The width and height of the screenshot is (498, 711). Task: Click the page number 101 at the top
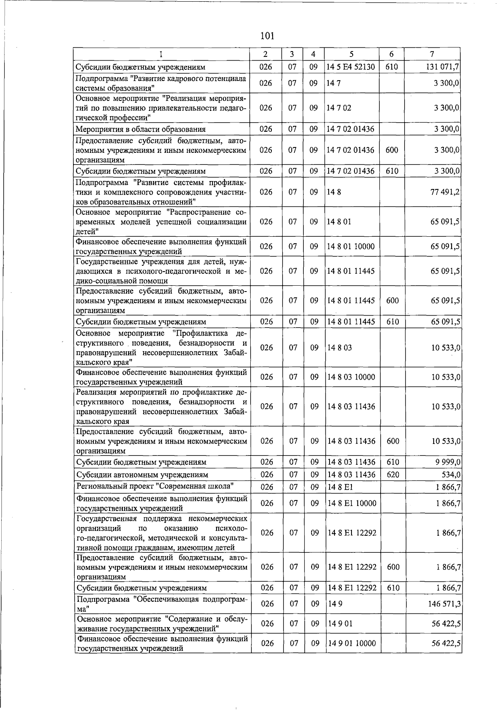point(267,36)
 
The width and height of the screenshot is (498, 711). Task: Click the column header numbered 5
point(351,54)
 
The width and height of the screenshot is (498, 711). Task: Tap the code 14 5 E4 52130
point(350,67)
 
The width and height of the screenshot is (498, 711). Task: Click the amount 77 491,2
point(445,192)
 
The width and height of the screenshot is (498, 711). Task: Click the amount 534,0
point(451,475)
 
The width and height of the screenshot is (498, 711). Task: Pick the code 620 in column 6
point(393,475)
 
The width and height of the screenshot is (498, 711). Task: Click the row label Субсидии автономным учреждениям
point(142,475)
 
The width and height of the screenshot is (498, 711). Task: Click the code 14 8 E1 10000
point(352,503)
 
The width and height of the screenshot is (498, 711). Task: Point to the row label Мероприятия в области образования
point(140,129)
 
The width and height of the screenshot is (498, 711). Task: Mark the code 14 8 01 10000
point(351,246)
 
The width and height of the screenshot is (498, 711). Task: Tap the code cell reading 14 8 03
point(339,348)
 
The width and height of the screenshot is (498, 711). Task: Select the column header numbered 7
point(432,54)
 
